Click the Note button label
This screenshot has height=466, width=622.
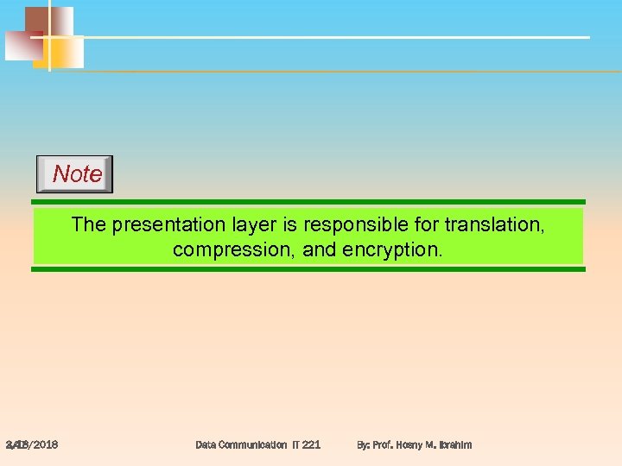(77, 174)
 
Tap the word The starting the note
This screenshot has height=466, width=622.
(89, 225)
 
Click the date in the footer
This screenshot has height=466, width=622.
(32, 444)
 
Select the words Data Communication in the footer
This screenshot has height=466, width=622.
(241, 444)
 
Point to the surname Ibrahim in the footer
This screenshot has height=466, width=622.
(454, 444)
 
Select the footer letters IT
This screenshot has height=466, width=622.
(295, 444)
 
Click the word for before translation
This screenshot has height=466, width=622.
(425, 225)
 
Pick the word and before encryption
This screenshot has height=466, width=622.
(317, 250)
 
